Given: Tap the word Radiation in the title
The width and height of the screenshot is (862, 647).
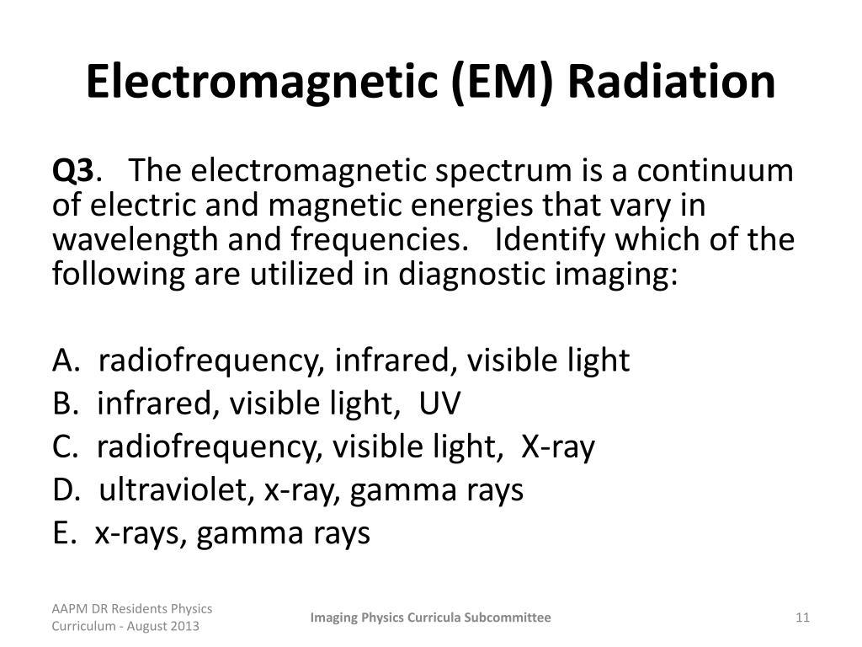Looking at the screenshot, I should coord(670,82).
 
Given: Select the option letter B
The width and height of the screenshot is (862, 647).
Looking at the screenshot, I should coord(63,404).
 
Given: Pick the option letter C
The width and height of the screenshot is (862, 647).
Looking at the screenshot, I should coord(63,447).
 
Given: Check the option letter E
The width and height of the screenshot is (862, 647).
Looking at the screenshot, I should coord(62,533).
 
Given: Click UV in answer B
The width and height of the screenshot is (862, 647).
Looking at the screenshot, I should coord(440,404).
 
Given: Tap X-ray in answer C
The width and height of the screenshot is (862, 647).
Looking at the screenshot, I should coord(559,447).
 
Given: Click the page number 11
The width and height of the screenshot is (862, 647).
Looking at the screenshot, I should coord(801,618).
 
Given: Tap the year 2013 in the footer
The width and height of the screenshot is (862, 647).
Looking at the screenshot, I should coord(185,627).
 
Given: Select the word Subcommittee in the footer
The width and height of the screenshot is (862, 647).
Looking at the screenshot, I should coord(510,618).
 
